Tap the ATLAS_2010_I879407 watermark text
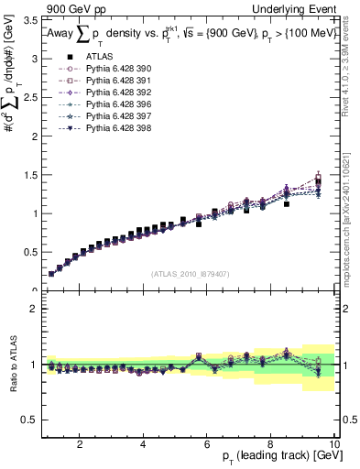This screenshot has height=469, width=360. (x=191, y=273)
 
